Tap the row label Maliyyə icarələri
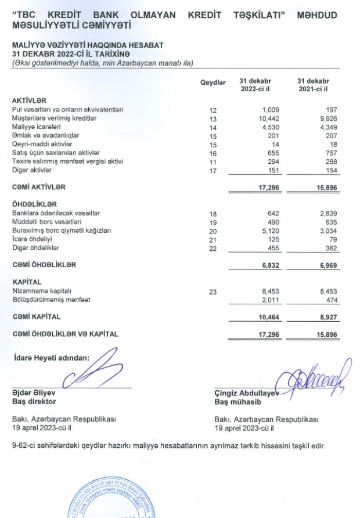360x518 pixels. pos(38,127)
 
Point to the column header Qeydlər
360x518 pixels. pos(213,84)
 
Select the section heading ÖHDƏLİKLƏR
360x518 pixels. pos(35,204)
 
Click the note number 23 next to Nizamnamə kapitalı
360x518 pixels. pos(214,292)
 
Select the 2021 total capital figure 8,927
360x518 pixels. pos(326,318)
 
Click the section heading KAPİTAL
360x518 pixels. pos(27,282)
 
